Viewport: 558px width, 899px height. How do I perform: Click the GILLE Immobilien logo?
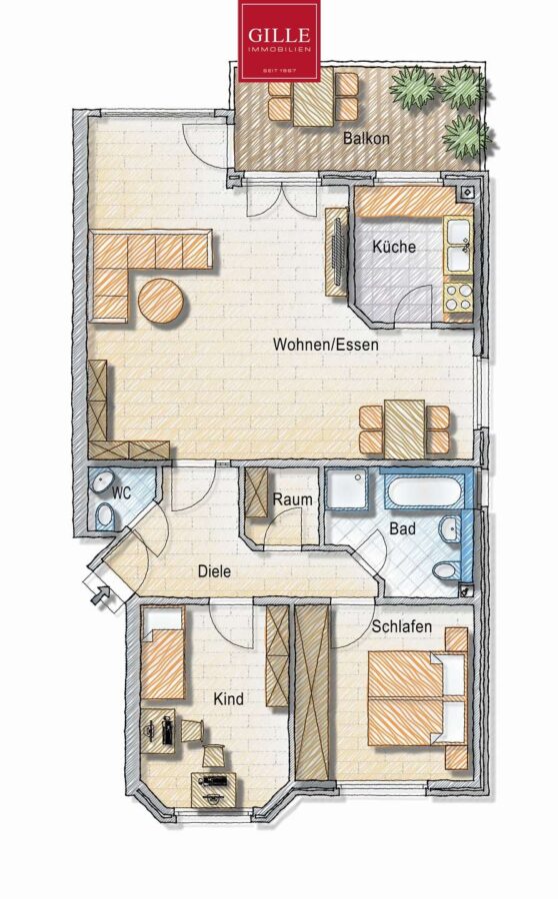click(279, 41)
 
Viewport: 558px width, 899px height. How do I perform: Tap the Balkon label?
click(366, 138)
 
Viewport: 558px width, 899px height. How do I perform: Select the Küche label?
click(394, 247)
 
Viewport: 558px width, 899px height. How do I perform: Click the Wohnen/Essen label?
click(326, 345)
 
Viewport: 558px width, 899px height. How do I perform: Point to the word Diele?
click(214, 571)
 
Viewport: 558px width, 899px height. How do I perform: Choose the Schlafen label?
click(401, 626)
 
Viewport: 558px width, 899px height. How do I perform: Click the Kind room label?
click(228, 699)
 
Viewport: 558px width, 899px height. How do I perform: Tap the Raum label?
click(292, 499)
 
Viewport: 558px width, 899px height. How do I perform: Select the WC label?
click(122, 492)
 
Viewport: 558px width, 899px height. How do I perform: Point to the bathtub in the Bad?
click(425, 490)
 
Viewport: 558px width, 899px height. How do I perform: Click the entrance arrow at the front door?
click(102, 595)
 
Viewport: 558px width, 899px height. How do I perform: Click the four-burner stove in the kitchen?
click(458, 297)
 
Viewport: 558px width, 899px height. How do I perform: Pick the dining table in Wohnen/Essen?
click(405, 429)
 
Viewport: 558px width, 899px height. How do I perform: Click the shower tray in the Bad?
click(347, 489)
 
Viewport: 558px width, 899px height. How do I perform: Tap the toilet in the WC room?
click(104, 514)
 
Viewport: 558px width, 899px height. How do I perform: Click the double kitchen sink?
click(459, 245)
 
